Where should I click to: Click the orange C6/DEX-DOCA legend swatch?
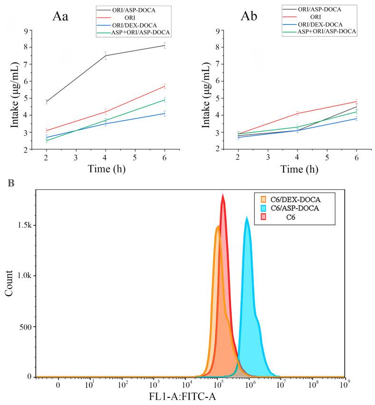(263, 198)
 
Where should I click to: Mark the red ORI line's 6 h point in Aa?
(164, 86)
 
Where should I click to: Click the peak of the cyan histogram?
(247, 218)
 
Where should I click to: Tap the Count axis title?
(9, 283)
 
